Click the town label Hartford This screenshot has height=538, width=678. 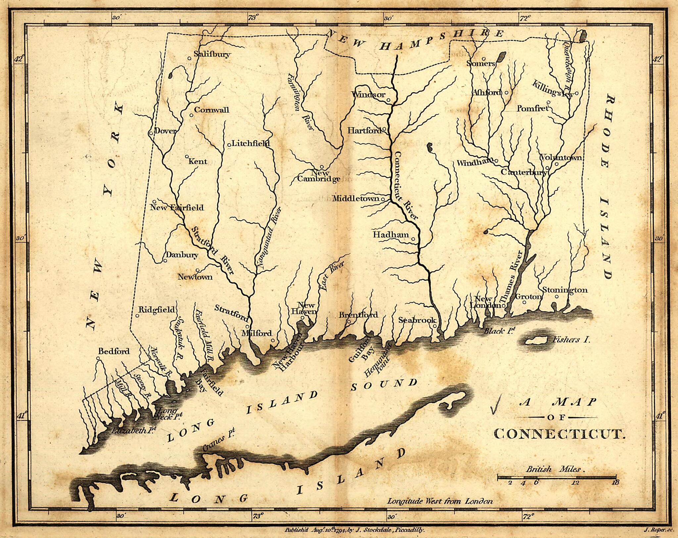(364, 131)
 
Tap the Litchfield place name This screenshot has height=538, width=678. (250, 143)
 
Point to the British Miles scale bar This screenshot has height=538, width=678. (556, 477)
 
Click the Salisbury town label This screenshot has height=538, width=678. (212, 54)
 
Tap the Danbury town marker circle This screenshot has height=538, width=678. (165, 261)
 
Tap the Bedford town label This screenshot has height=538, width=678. (114, 351)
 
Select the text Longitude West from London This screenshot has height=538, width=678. (440, 501)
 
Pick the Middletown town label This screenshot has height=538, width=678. (356, 199)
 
